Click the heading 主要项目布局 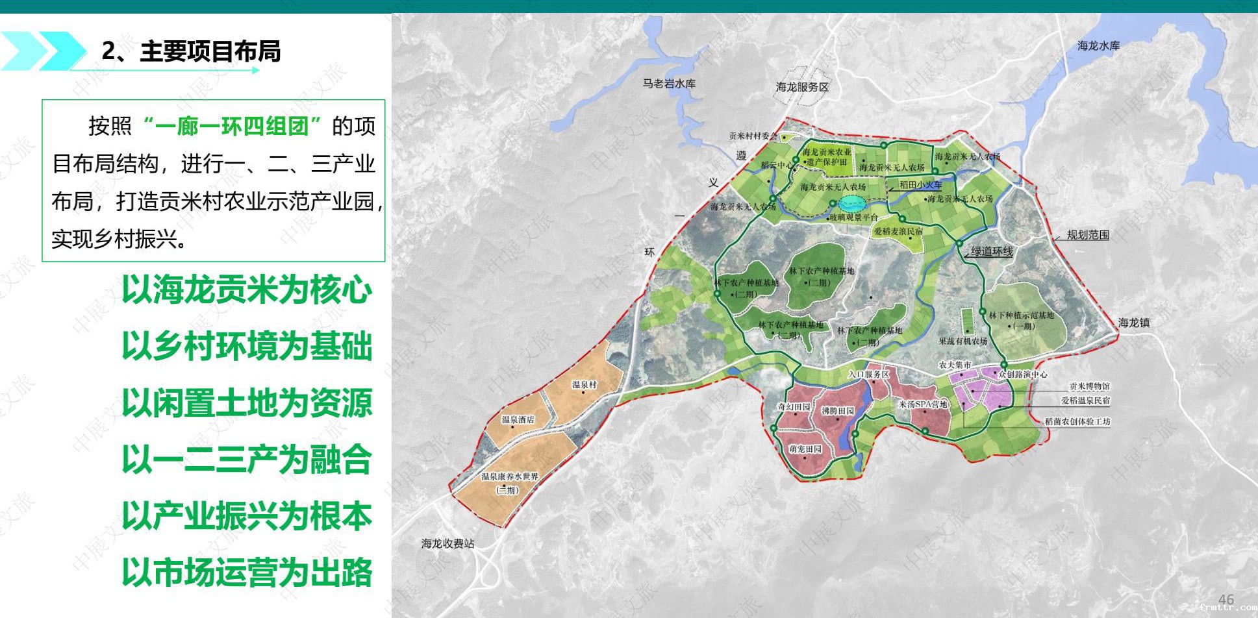tap(210, 51)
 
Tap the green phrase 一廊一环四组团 tap(232, 125)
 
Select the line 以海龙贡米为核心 tap(247, 290)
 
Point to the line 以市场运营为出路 tap(247, 573)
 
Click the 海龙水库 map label tap(1098, 45)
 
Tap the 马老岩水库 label tap(669, 84)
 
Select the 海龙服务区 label tap(802, 86)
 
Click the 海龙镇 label tap(1134, 323)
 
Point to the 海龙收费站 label tap(447, 543)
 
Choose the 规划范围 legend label tap(1088, 235)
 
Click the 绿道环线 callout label tap(992, 251)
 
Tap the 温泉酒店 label tap(518, 419)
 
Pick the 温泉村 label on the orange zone tap(584, 384)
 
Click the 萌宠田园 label tap(805, 449)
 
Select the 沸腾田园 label tap(838, 410)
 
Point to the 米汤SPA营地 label tap(922, 404)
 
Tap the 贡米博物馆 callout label tap(1089, 386)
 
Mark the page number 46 tap(1226, 599)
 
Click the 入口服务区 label tap(868, 374)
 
